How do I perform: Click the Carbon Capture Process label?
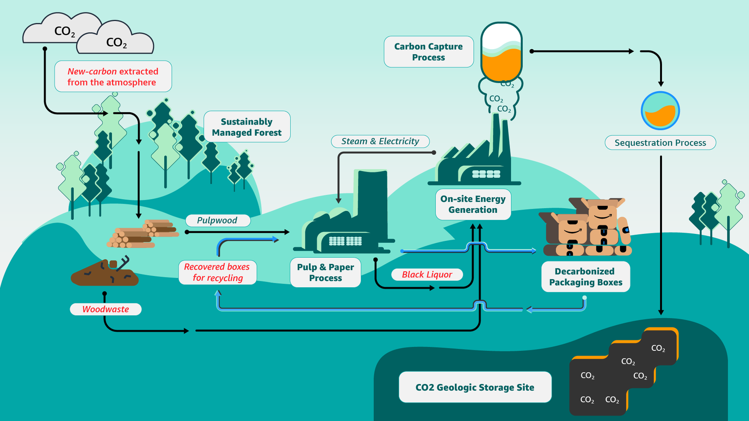pyautogui.click(x=428, y=52)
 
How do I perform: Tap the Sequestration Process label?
pyautogui.click(x=660, y=143)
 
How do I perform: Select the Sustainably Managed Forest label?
pyautogui.click(x=247, y=127)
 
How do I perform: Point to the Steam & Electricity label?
pyautogui.click(x=380, y=141)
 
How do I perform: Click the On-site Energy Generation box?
pyautogui.click(x=473, y=204)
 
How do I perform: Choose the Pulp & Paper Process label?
pyautogui.click(x=325, y=272)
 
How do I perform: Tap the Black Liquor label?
pyautogui.click(x=427, y=275)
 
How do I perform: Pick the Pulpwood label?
pyautogui.click(x=217, y=220)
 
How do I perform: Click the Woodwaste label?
pyautogui.click(x=106, y=309)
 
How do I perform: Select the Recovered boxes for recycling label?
pyautogui.click(x=217, y=272)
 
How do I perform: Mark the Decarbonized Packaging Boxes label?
pyautogui.click(x=586, y=277)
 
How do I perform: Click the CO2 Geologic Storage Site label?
pyautogui.click(x=475, y=387)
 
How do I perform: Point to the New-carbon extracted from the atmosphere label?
pyautogui.click(x=113, y=77)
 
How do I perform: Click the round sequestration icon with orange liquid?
pyautogui.click(x=660, y=111)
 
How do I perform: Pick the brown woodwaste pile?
pyautogui.click(x=104, y=274)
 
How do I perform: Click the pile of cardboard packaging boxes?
pyautogui.click(x=587, y=228)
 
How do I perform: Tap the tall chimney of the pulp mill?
pyautogui.click(x=373, y=201)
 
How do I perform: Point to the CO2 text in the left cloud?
pyautogui.click(x=65, y=31)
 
